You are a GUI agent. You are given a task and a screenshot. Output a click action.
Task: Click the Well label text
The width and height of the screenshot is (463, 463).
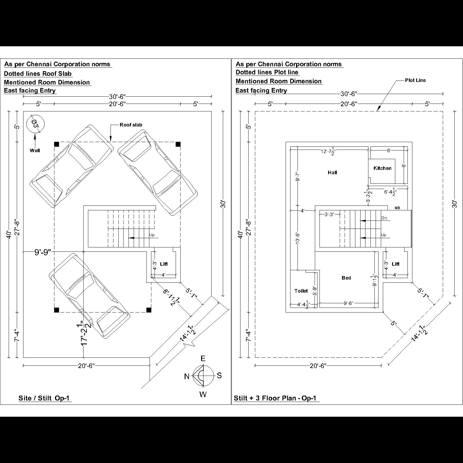[x=35, y=150]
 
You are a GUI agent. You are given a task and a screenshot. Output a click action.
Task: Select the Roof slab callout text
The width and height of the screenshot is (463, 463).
[x=131, y=125]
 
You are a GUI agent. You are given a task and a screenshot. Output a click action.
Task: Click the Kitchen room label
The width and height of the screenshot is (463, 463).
[x=382, y=168]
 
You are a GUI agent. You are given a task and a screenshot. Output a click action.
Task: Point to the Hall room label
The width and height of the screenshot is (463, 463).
[x=332, y=173]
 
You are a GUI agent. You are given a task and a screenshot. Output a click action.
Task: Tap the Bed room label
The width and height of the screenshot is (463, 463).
[x=346, y=278]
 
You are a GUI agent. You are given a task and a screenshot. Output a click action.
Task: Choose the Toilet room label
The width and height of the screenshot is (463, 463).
[x=301, y=291]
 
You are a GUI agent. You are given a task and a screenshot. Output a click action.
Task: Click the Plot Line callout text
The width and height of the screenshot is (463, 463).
[x=415, y=80]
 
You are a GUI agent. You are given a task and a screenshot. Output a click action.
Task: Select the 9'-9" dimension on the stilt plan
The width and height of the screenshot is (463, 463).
[x=43, y=252]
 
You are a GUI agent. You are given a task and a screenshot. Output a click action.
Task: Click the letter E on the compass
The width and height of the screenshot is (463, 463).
[x=203, y=359]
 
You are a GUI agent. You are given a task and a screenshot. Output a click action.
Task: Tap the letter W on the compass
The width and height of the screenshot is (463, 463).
[x=203, y=394]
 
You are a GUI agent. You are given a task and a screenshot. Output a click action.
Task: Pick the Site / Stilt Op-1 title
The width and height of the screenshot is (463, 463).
[x=44, y=398]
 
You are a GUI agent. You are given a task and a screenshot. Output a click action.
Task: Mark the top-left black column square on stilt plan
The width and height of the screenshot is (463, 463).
[x=57, y=144]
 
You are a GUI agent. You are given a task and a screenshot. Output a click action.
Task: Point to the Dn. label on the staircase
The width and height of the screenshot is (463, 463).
[x=384, y=218]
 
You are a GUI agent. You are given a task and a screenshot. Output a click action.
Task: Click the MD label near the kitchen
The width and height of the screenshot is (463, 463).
[x=397, y=208]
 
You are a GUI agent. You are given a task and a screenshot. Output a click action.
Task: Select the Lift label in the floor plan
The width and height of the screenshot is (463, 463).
[x=395, y=264]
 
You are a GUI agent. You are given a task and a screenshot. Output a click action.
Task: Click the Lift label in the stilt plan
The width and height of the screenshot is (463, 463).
[x=163, y=264]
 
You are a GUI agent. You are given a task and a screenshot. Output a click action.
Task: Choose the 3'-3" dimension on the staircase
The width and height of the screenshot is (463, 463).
[x=329, y=214]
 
